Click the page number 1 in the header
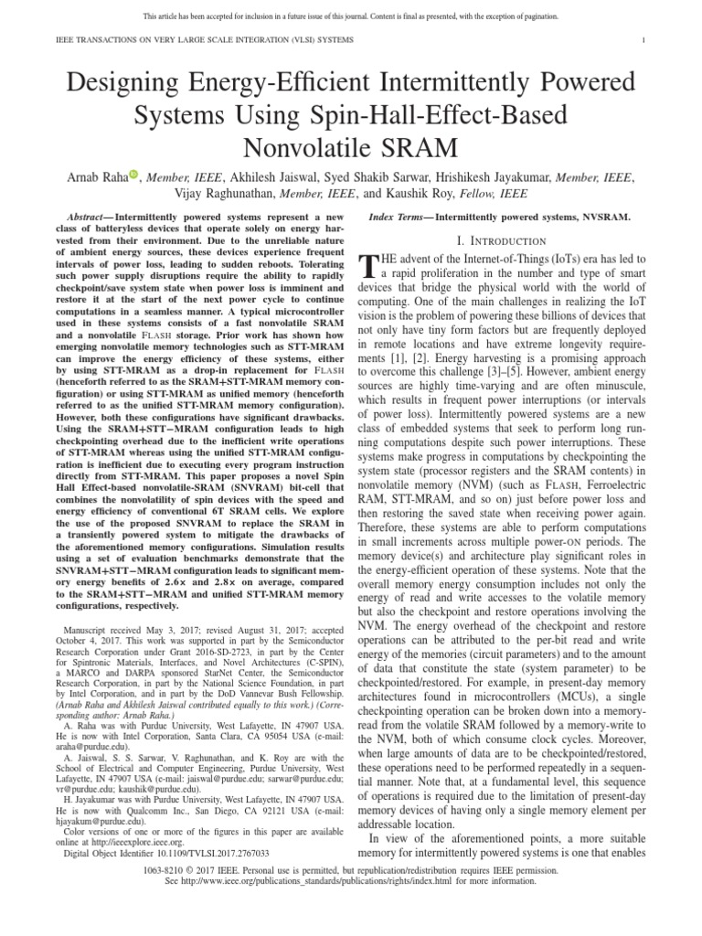[644, 39]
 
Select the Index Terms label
[399, 218]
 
